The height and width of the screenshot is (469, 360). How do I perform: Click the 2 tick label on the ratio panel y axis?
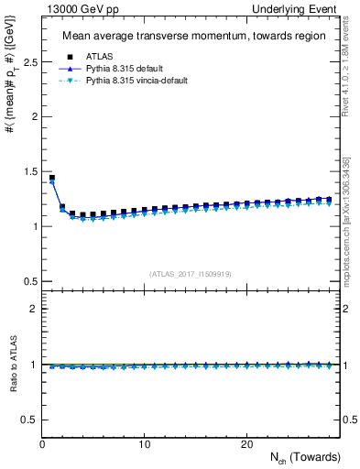point(34,309)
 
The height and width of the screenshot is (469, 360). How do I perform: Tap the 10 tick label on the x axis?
point(145,444)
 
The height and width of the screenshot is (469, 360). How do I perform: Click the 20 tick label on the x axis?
point(246,444)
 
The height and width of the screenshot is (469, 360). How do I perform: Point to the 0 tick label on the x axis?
point(43,444)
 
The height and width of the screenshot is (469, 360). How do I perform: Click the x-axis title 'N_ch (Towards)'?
point(305,457)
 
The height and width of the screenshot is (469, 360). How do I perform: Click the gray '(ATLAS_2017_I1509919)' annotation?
point(191,274)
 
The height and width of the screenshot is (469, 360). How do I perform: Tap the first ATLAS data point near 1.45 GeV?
point(52,178)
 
